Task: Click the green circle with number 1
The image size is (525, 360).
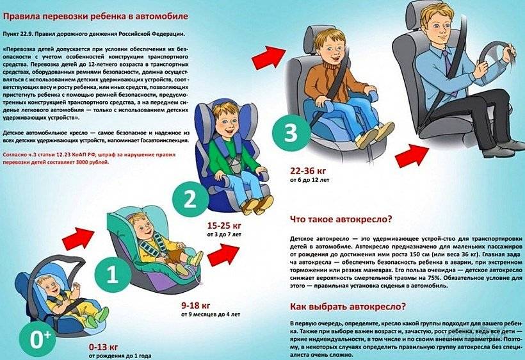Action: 112,275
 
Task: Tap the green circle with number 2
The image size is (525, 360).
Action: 190,199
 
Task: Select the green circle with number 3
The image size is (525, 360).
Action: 291,133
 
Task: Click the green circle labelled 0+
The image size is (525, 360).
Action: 37,340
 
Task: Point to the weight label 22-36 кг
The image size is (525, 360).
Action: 308,171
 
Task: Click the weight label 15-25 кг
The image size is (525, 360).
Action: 224,225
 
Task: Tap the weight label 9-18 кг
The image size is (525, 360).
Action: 196,306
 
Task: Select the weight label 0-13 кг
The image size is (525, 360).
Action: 104,347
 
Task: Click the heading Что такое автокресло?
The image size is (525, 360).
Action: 341,219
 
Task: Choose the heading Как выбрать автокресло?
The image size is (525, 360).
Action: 348,306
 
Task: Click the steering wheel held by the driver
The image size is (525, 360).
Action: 496,57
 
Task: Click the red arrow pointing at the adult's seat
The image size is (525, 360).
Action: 412,155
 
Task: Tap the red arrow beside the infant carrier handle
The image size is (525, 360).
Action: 78,238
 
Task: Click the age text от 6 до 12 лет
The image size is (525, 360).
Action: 310,180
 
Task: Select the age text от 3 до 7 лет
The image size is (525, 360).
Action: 224,234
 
